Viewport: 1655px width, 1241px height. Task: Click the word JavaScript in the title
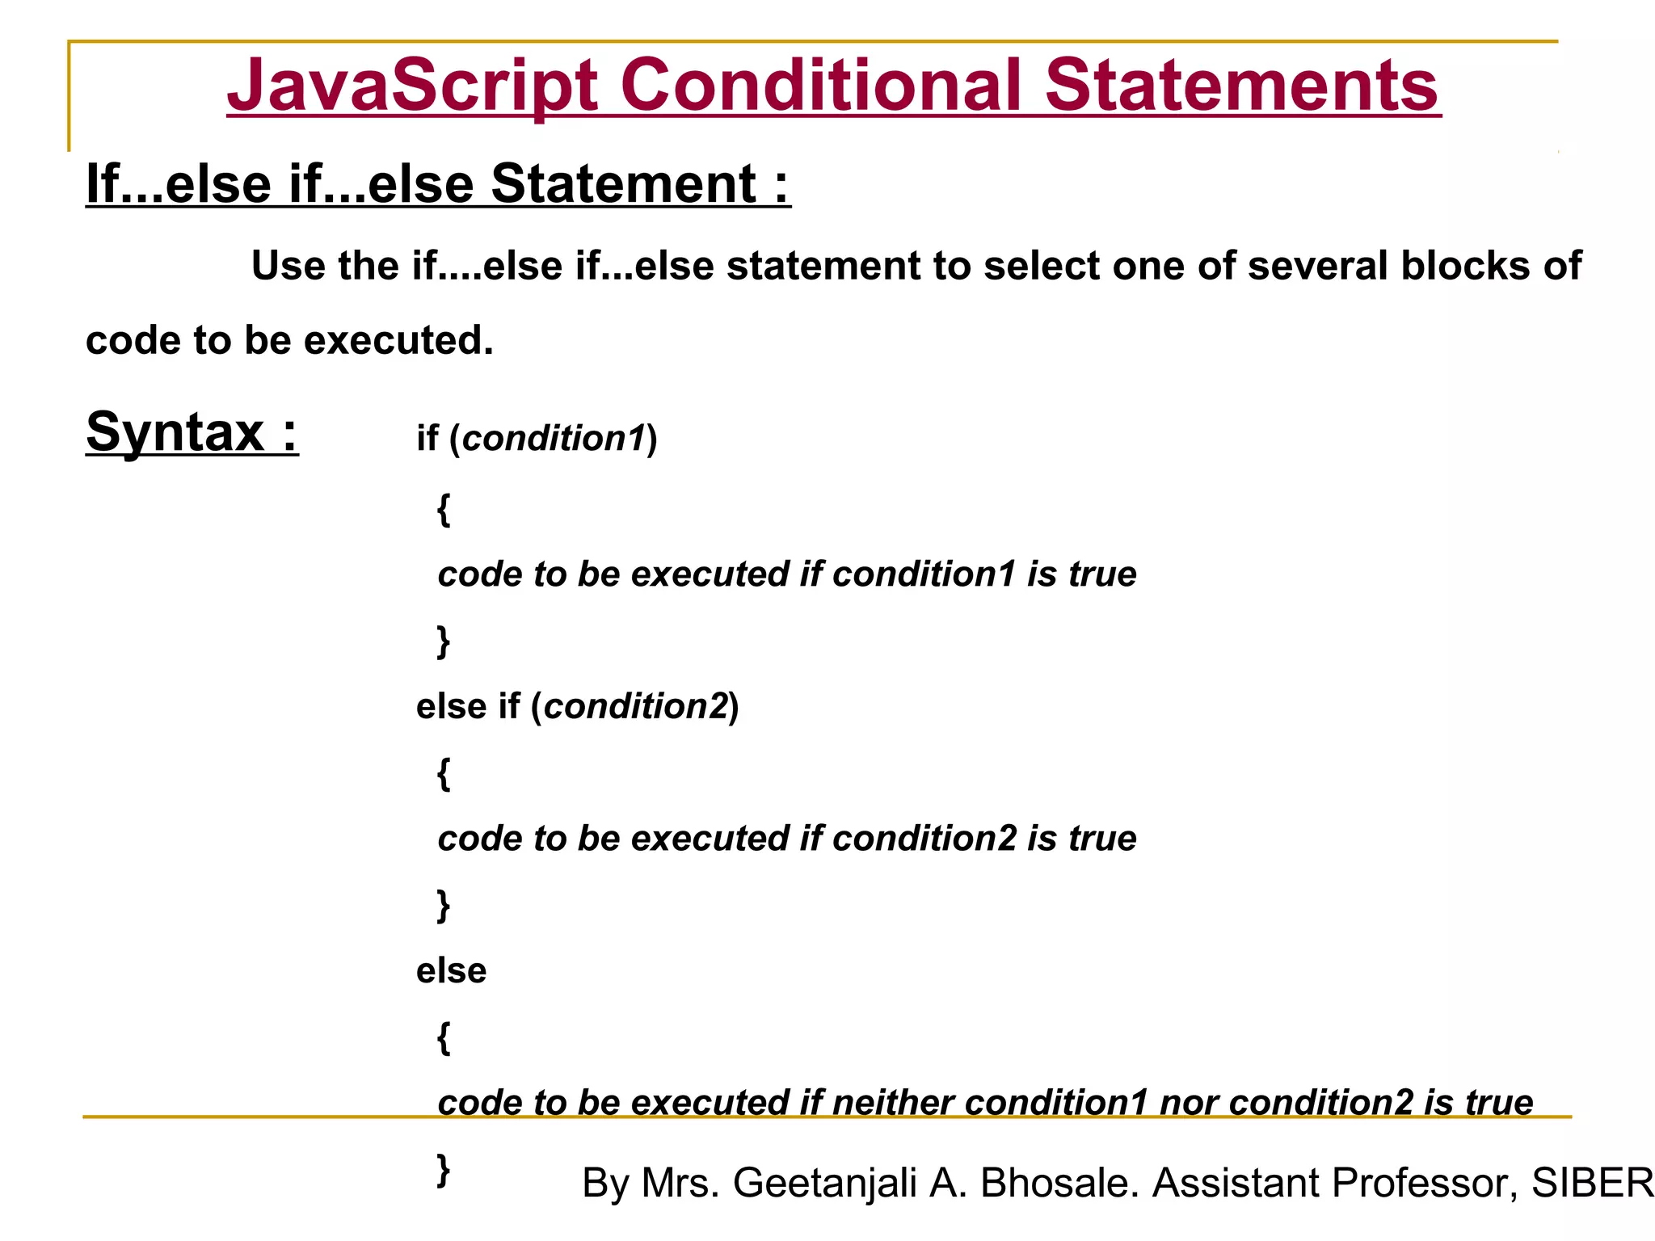[412, 86]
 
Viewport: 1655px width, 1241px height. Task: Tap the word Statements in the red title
[1241, 86]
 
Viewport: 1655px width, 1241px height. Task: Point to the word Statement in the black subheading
[624, 183]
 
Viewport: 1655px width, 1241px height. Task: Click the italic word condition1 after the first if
[554, 439]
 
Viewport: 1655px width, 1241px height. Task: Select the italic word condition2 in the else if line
[636, 707]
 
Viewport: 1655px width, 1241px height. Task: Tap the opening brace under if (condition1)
[444, 509]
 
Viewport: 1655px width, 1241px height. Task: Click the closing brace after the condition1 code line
[444, 642]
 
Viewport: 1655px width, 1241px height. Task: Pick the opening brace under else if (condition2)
[444, 773]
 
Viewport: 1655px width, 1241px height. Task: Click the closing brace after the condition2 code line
[444, 906]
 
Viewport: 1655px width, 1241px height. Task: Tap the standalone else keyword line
[451, 970]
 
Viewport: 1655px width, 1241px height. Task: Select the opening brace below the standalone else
[444, 1037]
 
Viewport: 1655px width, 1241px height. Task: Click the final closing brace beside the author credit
[444, 1169]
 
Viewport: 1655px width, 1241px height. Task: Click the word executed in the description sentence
[398, 340]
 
